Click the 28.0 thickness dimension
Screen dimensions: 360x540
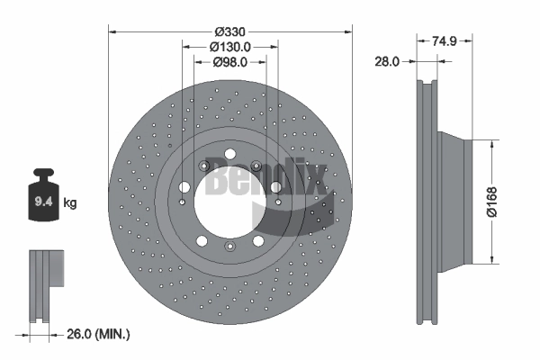387,61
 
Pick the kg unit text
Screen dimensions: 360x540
70,203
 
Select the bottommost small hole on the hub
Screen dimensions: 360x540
230,247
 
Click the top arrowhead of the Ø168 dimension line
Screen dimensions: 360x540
493,142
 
